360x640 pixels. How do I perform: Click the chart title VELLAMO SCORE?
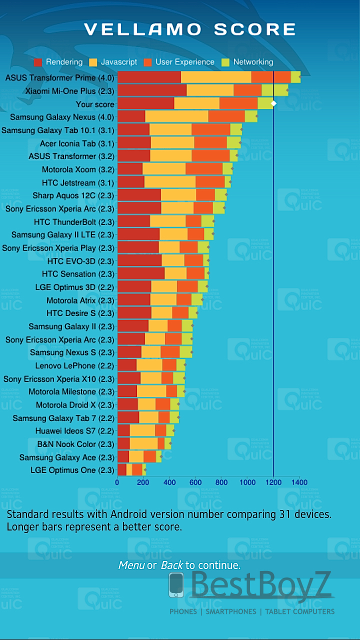190,29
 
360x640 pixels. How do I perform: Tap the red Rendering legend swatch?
38,62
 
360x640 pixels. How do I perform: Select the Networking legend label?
253,62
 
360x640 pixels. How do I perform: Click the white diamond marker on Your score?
273,103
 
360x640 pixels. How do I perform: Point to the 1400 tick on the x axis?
299,482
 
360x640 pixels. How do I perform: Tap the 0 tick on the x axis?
117,482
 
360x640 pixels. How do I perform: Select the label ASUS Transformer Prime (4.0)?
59,78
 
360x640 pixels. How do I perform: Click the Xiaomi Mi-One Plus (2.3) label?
69,91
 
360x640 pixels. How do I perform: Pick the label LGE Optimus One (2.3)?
72,470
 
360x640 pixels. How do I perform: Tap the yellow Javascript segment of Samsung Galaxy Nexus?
176,117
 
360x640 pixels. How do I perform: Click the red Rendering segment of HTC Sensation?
141,273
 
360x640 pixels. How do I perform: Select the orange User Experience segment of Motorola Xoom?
204,169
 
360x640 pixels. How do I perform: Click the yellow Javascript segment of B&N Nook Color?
143,443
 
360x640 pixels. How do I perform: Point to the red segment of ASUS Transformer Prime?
149,77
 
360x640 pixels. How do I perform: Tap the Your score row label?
95,104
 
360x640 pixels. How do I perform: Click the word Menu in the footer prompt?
131,565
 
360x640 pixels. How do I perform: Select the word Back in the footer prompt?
172,565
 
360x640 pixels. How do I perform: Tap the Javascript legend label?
118,62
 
